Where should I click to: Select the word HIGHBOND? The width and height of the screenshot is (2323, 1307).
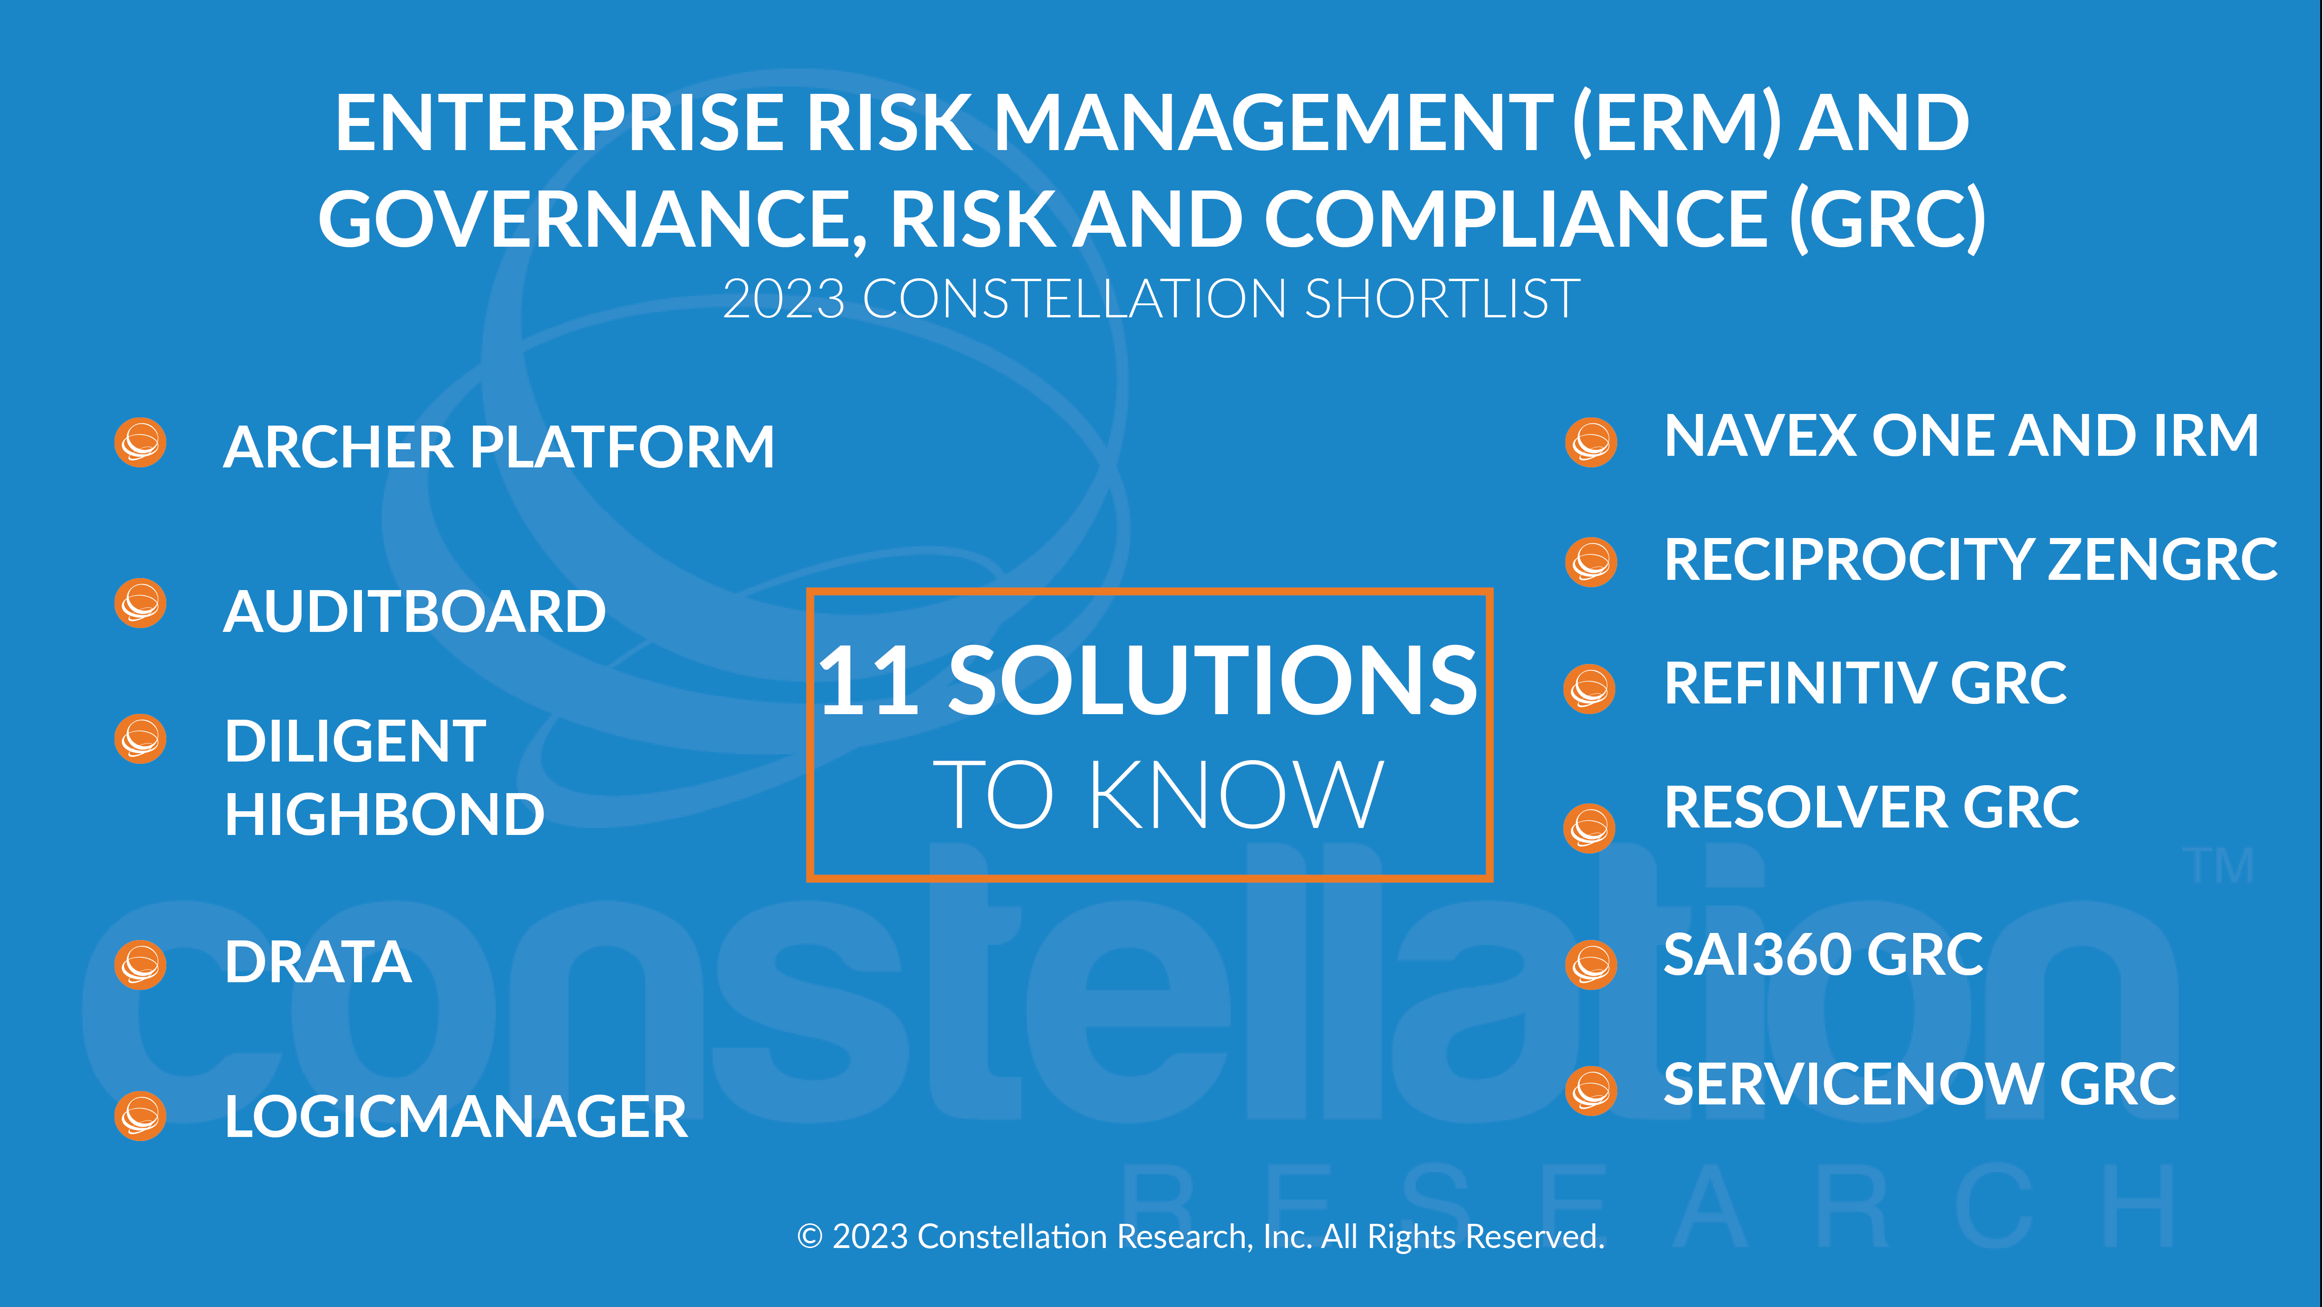pyautogui.click(x=385, y=814)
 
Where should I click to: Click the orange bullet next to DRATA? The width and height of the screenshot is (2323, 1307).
pyautogui.click(x=141, y=965)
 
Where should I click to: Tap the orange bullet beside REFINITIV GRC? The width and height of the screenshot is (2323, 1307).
pyautogui.click(x=1589, y=689)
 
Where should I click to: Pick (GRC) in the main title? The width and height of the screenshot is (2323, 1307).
pyautogui.click(x=1887, y=219)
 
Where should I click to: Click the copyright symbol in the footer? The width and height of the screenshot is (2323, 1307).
pyautogui.click(x=810, y=1237)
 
